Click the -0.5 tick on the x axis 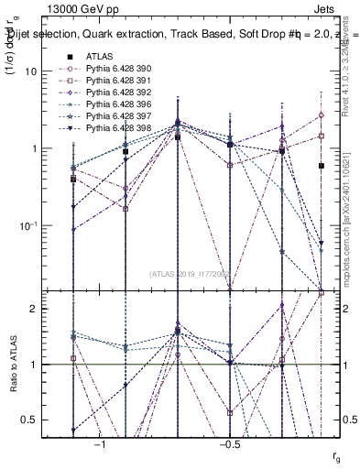tap(229, 445)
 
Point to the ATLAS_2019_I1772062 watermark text tap(191, 273)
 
